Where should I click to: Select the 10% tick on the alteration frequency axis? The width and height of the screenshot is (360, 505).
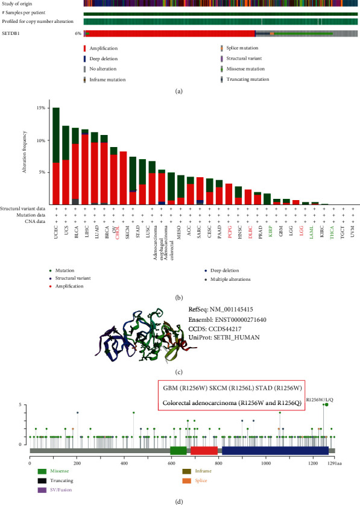43,140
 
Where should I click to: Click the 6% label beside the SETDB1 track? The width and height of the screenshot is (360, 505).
78,34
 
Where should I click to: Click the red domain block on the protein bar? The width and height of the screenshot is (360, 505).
204,450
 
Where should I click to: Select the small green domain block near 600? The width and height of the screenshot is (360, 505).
178,450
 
